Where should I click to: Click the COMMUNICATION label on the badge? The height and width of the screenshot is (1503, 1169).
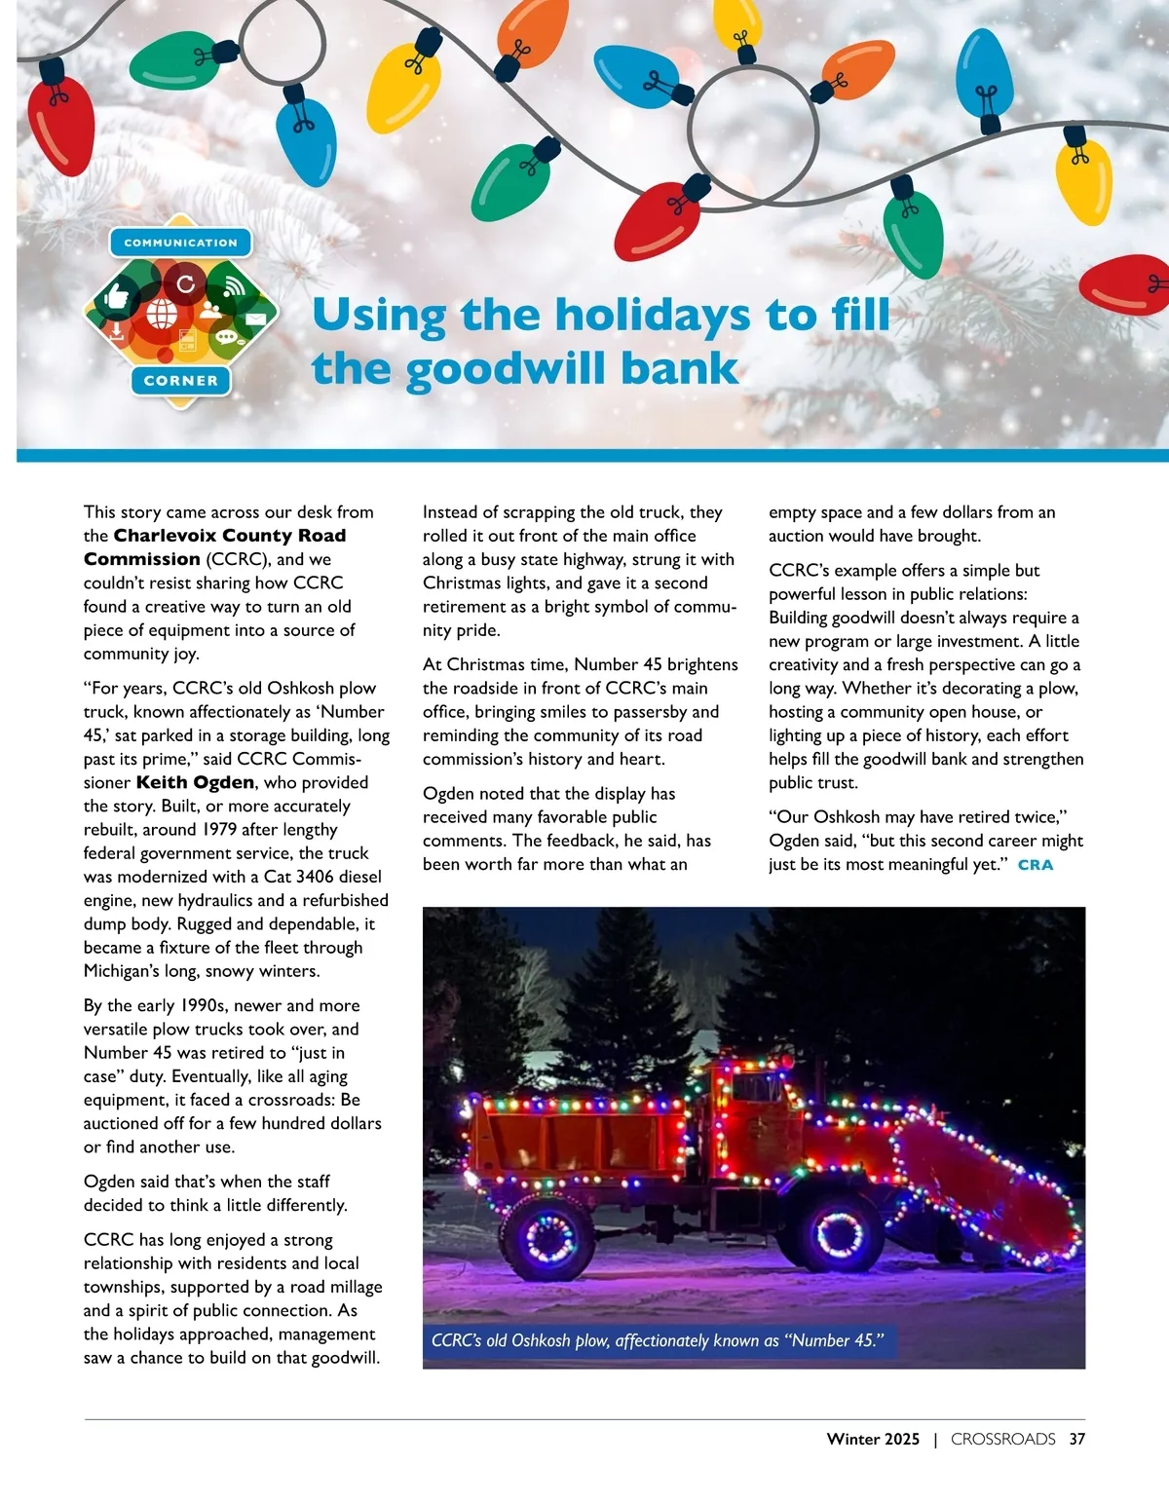180,243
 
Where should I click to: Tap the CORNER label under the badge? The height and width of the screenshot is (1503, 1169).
180,381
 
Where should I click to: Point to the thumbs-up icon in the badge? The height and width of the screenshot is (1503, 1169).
118,294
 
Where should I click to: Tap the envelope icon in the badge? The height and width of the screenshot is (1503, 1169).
255,319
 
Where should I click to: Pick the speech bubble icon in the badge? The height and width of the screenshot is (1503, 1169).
227,338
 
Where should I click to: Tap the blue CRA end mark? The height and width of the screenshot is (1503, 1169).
1036,865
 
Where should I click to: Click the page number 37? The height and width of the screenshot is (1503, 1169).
1076,1440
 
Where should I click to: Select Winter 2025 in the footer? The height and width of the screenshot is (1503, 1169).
873,1440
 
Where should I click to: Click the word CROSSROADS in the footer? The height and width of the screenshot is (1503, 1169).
1002,1440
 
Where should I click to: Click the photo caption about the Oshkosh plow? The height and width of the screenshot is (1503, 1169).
658,1341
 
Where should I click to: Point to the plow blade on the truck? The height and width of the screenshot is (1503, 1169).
994,1188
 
